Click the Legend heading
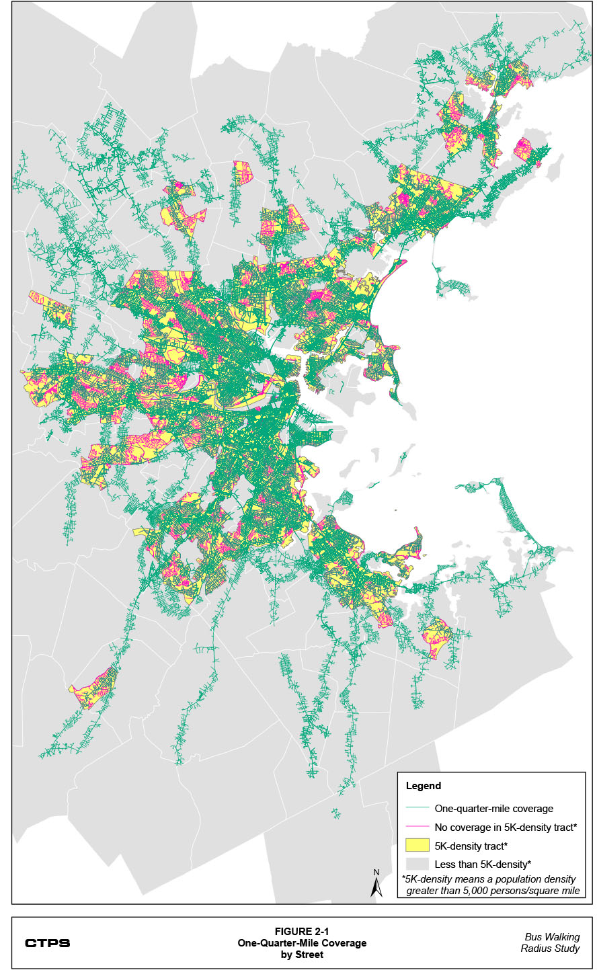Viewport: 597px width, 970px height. click(424, 786)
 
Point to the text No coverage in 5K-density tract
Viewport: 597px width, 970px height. click(505, 827)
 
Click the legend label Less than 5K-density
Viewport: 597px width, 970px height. click(482, 864)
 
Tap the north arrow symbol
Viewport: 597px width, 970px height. click(376, 887)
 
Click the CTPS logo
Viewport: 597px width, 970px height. click(47, 943)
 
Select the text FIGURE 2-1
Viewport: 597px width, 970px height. click(302, 932)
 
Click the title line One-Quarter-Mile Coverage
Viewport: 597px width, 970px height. click(302, 943)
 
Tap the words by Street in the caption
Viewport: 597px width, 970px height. click(302, 955)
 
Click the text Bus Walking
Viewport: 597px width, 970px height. click(552, 937)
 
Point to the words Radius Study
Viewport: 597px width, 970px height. click(550, 948)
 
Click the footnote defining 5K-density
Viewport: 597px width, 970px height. click(491, 885)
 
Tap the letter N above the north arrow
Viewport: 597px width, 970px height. click(376, 873)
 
